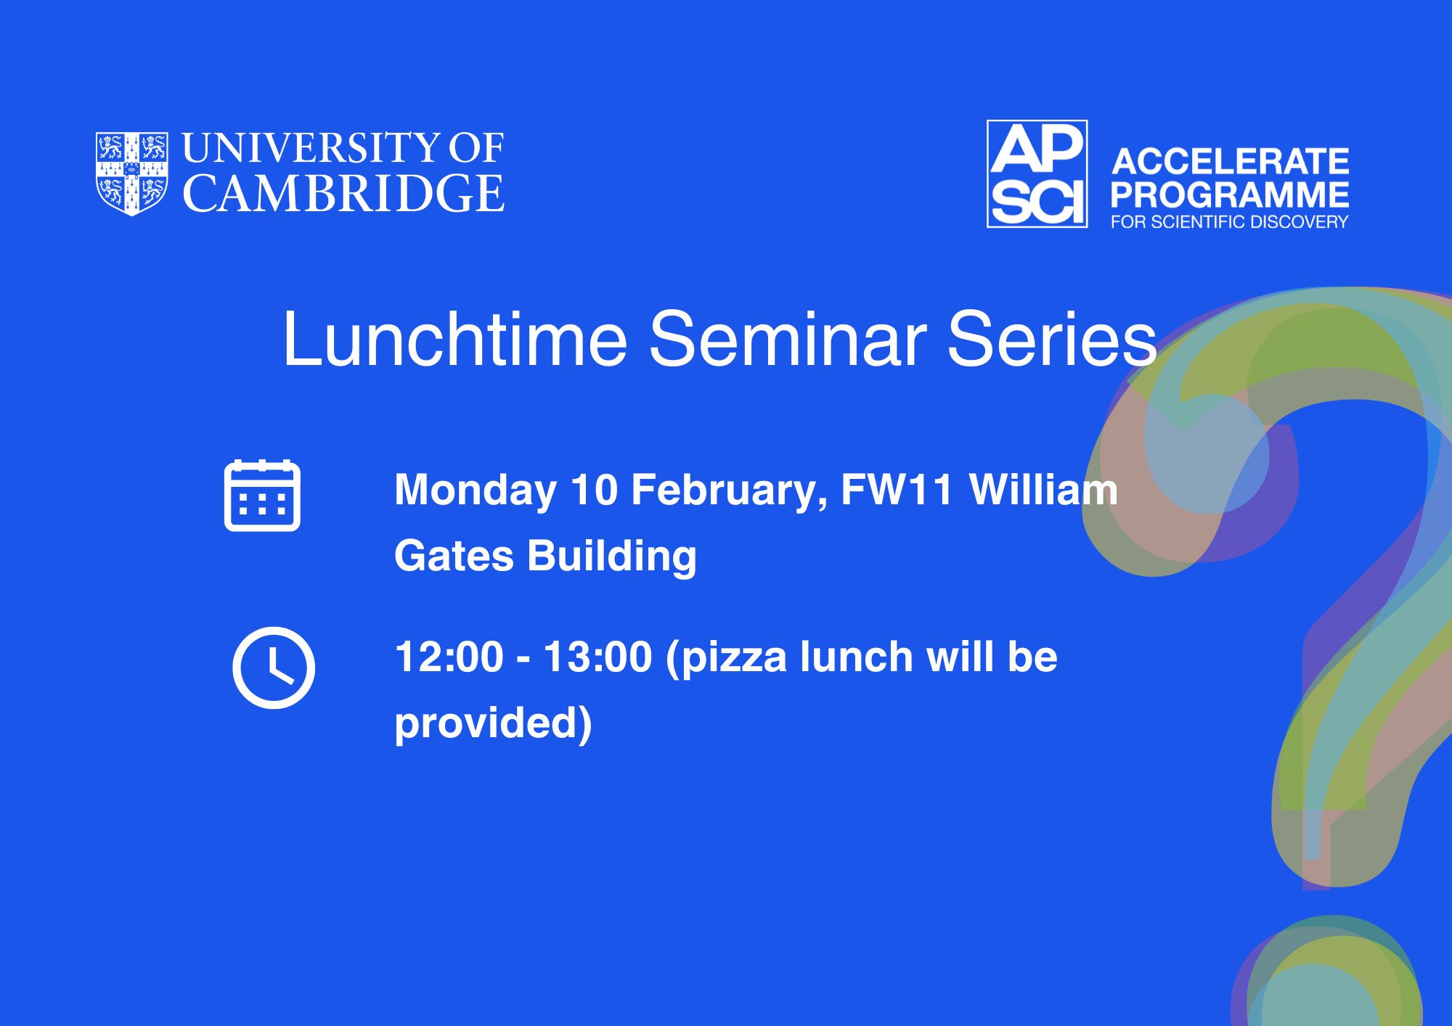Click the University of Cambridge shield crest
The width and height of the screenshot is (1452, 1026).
132,173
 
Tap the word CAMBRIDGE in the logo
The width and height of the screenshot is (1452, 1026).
343,194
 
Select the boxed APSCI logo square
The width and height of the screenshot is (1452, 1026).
1037,174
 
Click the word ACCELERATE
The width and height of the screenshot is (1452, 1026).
1230,162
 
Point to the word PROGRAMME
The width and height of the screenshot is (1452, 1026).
1230,194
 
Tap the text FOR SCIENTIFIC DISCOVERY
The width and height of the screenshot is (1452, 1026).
1229,222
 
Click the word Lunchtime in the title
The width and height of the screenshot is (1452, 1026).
455,339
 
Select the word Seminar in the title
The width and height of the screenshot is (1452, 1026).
788,339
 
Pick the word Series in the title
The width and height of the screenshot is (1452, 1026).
1052,339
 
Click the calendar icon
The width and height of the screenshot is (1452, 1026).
262,496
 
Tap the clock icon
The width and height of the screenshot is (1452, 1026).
274,668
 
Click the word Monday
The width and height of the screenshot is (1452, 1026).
476,491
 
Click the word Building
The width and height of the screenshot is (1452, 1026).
612,557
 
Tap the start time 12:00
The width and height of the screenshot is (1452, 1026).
449,657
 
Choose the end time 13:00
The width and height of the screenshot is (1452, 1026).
598,657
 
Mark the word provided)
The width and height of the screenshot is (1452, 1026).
494,724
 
